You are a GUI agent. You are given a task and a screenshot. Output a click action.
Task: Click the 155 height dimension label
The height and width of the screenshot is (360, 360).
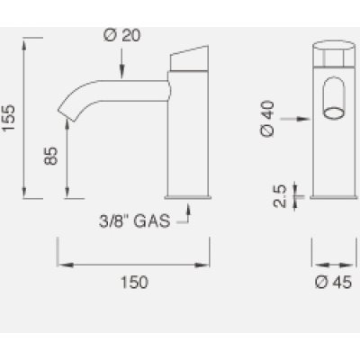click(x=8, y=117)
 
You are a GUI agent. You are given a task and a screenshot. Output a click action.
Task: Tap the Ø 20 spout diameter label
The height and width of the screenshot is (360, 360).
click(x=122, y=36)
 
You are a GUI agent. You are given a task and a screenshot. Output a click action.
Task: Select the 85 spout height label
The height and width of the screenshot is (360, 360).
click(x=50, y=156)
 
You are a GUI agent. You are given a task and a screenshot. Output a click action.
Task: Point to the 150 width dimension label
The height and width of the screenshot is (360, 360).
click(x=134, y=283)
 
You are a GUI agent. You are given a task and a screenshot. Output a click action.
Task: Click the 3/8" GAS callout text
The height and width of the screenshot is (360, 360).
click(x=135, y=221)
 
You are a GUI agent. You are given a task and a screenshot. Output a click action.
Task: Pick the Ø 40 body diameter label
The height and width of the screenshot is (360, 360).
click(x=267, y=119)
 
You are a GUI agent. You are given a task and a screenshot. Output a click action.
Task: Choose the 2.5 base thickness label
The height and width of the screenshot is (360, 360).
click(x=280, y=196)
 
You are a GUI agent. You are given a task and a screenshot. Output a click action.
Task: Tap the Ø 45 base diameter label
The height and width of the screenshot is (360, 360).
click(x=333, y=283)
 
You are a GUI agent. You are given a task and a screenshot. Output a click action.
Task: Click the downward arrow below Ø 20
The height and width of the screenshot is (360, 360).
click(x=122, y=63)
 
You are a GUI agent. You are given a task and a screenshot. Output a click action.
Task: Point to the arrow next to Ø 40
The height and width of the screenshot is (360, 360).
click(x=295, y=119)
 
